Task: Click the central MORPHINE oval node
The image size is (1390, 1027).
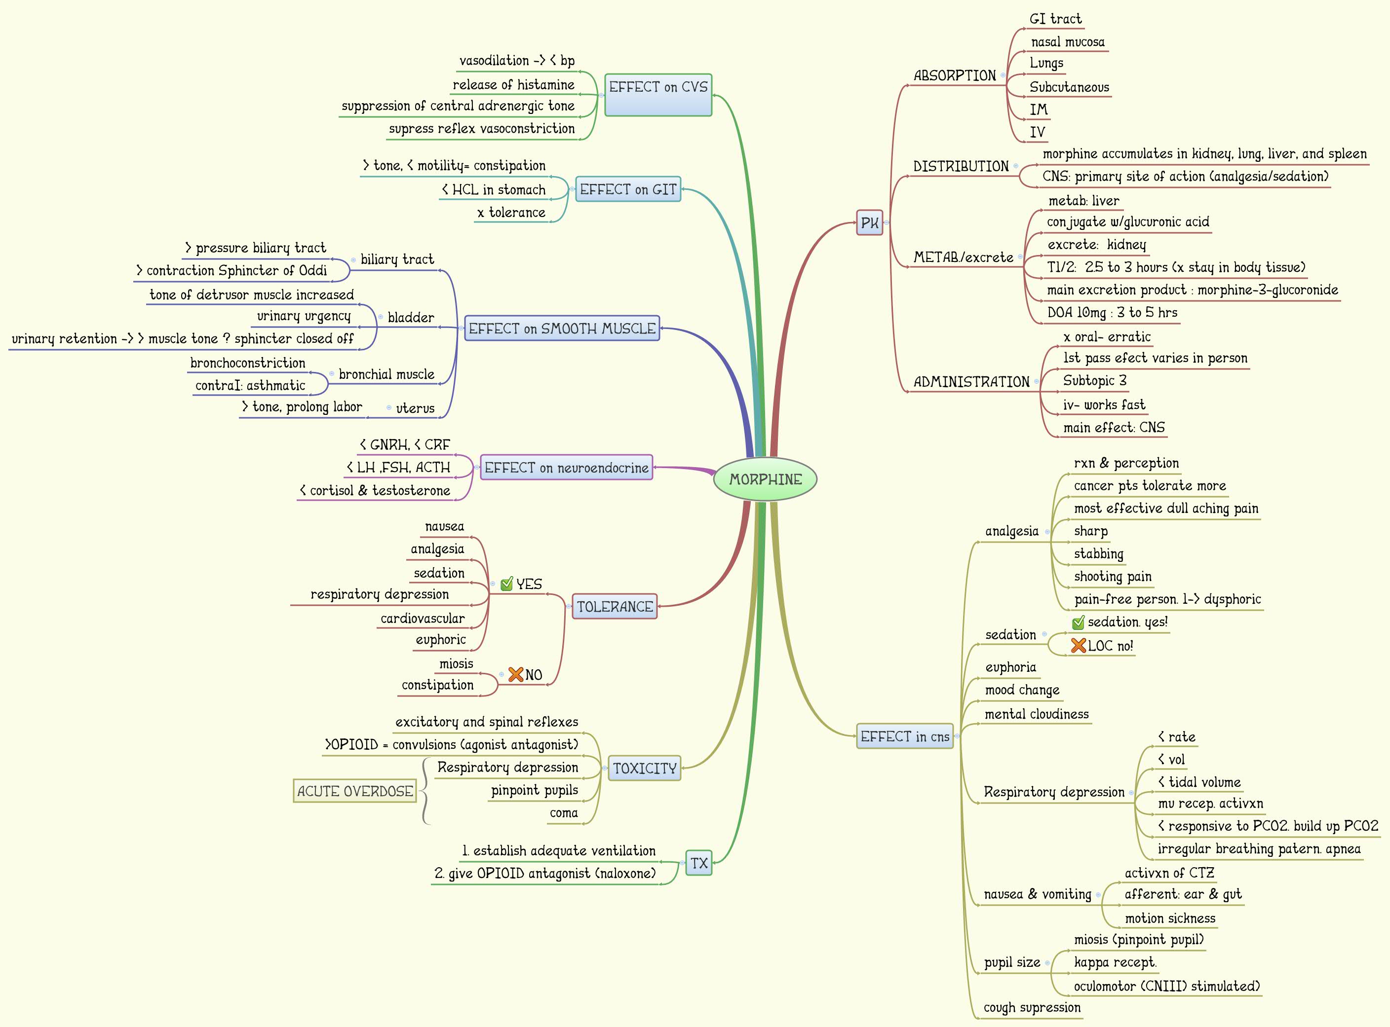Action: pyautogui.click(x=765, y=479)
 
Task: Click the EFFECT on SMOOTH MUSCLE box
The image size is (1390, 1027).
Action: pyautogui.click(x=562, y=328)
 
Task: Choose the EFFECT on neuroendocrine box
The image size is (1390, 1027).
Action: pyautogui.click(x=566, y=468)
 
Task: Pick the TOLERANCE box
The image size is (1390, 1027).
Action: pyautogui.click(x=615, y=606)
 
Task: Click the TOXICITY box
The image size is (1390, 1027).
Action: pyautogui.click(x=644, y=769)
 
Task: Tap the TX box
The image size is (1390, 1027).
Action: pyautogui.click(x=699, y=863)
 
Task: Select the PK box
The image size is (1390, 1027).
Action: pyautogui.click(x=869, y=222)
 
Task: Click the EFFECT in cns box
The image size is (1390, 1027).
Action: pyautogui.click(x=904, y=736)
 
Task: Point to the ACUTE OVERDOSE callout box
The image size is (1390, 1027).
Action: pyautogui.click(x=354, y=791)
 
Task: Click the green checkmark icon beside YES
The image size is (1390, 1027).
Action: pyautogui.click(x=507, y=584)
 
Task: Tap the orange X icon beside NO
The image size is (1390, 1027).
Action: pyautogui.click(x=516, y=674)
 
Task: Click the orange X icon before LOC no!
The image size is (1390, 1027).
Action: pyautogui.click(x=1079, y=646)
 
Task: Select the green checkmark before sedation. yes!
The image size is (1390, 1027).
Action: pyautogui.click(x=1079, y=623)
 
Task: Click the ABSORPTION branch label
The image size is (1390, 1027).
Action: pyautogui.click(x=955, y=76)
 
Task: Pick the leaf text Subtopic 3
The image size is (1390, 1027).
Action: pyautogui.click(x=1095, y=380)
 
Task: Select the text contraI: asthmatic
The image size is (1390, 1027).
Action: pyautogui.click(x=250, y=385)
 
